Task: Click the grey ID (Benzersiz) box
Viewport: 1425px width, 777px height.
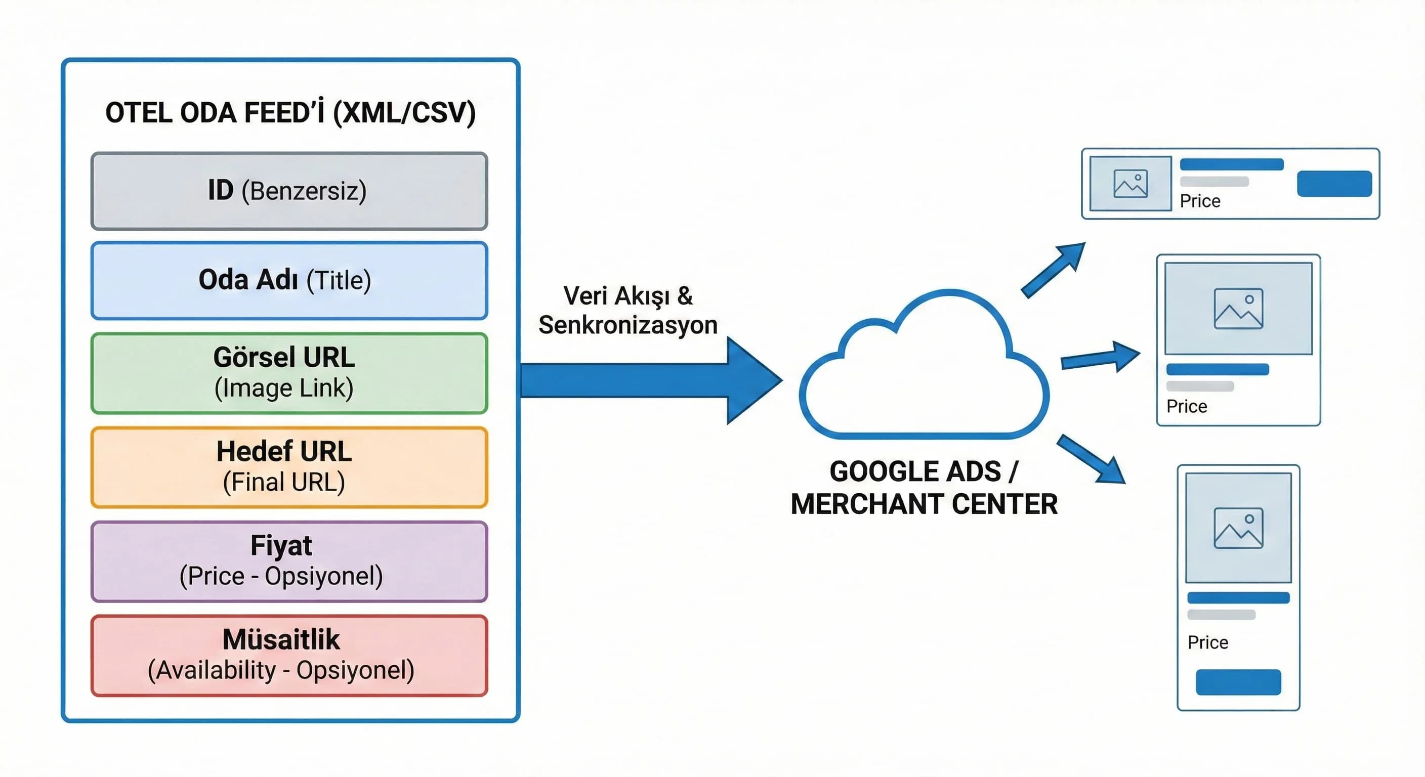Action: point(289,191)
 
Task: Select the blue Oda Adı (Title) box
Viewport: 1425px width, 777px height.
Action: point(289,280)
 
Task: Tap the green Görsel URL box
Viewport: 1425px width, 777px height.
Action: point(289,373)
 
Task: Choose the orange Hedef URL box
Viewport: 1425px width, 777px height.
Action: point(289,467)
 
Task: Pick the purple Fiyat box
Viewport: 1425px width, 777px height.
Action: point(289,561)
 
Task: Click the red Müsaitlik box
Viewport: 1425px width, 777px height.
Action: point(289,655)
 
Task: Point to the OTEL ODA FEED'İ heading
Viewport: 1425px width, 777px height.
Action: point(290,113)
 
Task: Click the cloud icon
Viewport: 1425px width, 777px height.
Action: point(924,370)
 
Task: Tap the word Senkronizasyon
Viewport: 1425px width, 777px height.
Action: point(628,325)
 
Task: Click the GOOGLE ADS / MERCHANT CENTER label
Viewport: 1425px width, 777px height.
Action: point(924,488)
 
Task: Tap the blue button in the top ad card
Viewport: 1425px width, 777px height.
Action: point(1334,184)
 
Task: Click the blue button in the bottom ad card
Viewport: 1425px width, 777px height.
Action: point(1238,682)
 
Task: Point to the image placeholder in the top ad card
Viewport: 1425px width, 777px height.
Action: point(1130,184)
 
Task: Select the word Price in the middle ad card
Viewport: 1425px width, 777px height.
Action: point(1187,407)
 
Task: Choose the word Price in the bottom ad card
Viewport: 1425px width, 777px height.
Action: point(1207,642)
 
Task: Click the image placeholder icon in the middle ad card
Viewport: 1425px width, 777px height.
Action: point(1238,309)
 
